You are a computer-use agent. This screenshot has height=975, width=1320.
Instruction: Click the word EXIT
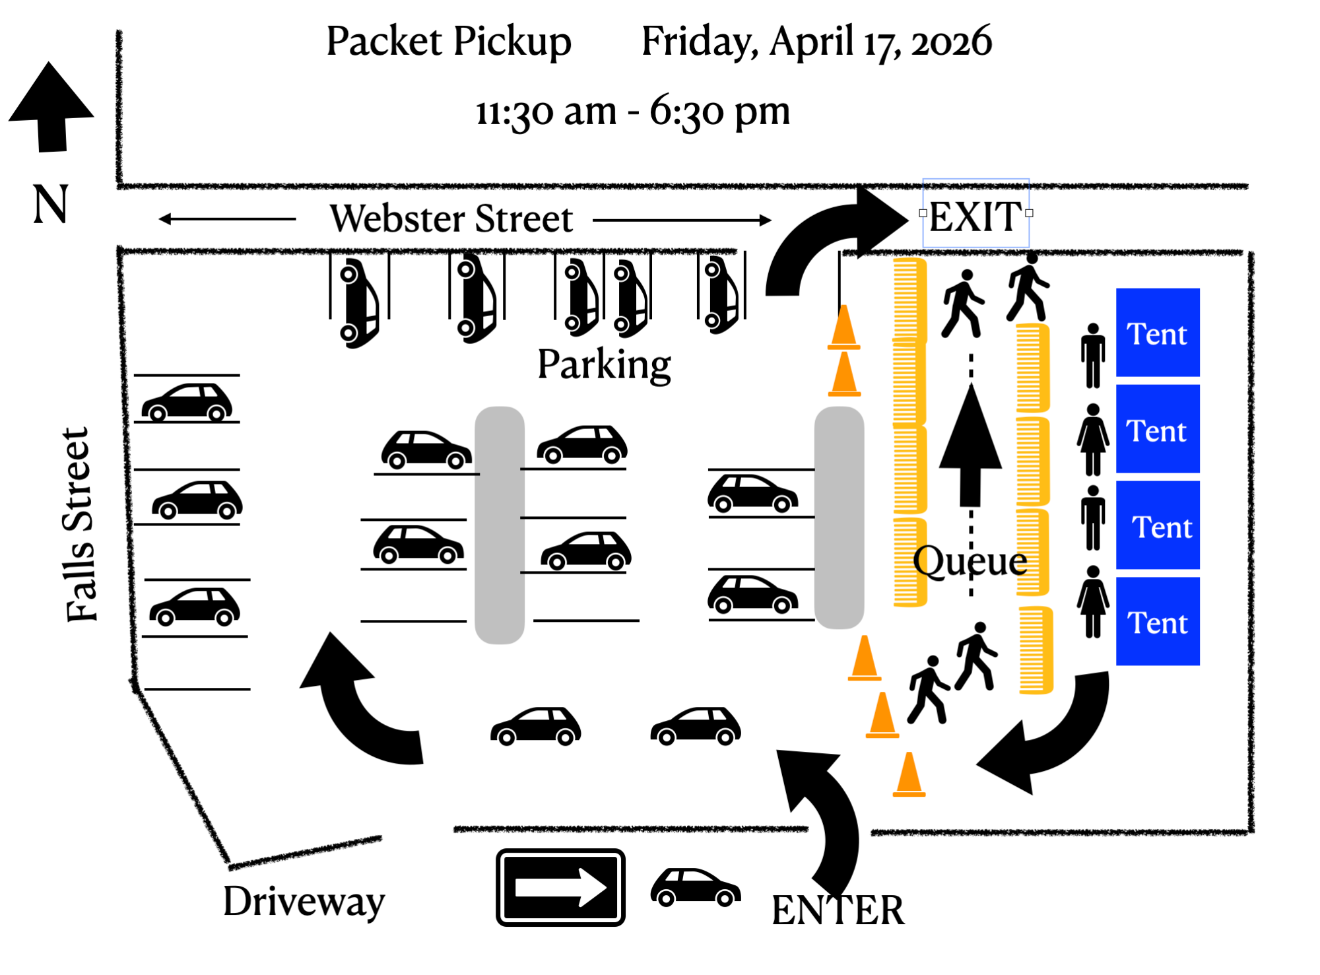975,216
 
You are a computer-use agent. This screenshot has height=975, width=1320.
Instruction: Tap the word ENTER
838,910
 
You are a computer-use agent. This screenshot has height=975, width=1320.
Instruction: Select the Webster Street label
451,219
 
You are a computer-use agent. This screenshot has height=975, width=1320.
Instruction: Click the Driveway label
304,901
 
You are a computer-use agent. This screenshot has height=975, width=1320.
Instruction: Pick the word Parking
604,364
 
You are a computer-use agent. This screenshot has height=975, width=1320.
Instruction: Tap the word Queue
970,561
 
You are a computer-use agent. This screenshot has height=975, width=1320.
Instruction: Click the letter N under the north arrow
50,204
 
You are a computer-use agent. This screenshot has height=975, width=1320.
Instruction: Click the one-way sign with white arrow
560,887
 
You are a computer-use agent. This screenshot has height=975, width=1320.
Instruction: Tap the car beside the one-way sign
696,887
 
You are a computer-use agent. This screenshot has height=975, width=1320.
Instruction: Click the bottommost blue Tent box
1158,621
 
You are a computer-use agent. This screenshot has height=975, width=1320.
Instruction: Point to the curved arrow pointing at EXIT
832,238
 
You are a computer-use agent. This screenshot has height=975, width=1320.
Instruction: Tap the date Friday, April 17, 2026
816,41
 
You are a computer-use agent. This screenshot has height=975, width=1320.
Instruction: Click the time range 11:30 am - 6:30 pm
632,111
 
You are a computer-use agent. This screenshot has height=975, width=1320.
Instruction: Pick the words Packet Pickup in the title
449,41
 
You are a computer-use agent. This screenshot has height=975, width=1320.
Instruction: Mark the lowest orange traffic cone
909,776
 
